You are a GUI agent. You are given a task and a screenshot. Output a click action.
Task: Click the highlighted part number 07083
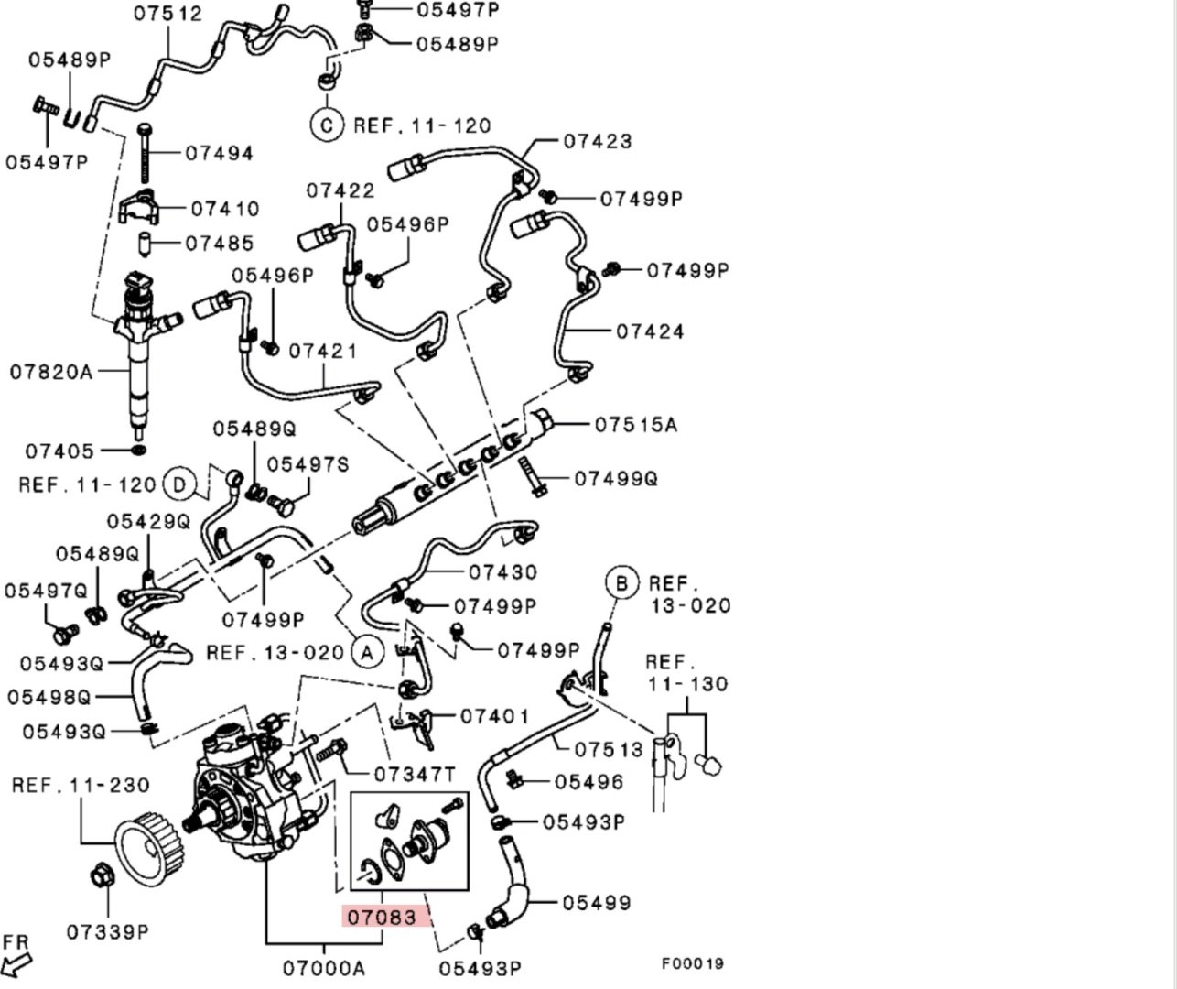(x=382, y=917)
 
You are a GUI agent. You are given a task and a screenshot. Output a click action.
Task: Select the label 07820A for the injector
(x=51, y=372)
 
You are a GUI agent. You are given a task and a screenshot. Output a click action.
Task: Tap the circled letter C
(x=327, y=125)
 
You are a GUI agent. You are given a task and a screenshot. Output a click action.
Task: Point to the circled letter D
(x=179, y=484)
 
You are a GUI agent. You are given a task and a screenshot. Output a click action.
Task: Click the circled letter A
(x=367, y=653)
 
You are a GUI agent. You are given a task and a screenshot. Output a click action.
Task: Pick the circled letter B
(x=621, y=582)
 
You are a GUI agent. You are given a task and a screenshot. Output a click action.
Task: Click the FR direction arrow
(x=16, y=965)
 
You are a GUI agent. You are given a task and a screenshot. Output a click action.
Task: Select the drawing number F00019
(x=693, y=963)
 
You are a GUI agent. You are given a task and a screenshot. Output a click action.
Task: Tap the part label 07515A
(x=636, y=424)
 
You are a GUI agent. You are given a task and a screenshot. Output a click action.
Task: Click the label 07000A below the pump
(x=324, y=968)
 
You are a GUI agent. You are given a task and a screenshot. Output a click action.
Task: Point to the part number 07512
(x=168, y=13)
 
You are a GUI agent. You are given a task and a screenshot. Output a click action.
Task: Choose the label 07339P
(x=108, y=932)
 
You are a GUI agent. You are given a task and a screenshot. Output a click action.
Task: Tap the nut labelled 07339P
(x=102, y=876)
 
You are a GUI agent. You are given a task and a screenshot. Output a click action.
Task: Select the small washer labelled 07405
(x=138, y=451)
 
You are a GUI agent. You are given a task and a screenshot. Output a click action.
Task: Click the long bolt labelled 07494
(x=146, y=154)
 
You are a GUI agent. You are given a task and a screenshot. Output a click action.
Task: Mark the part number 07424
(x=650, y=331)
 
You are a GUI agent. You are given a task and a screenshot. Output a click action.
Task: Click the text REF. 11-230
(x=81, y=785)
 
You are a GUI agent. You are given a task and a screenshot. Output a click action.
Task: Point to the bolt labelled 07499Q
(x=531, y=477)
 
